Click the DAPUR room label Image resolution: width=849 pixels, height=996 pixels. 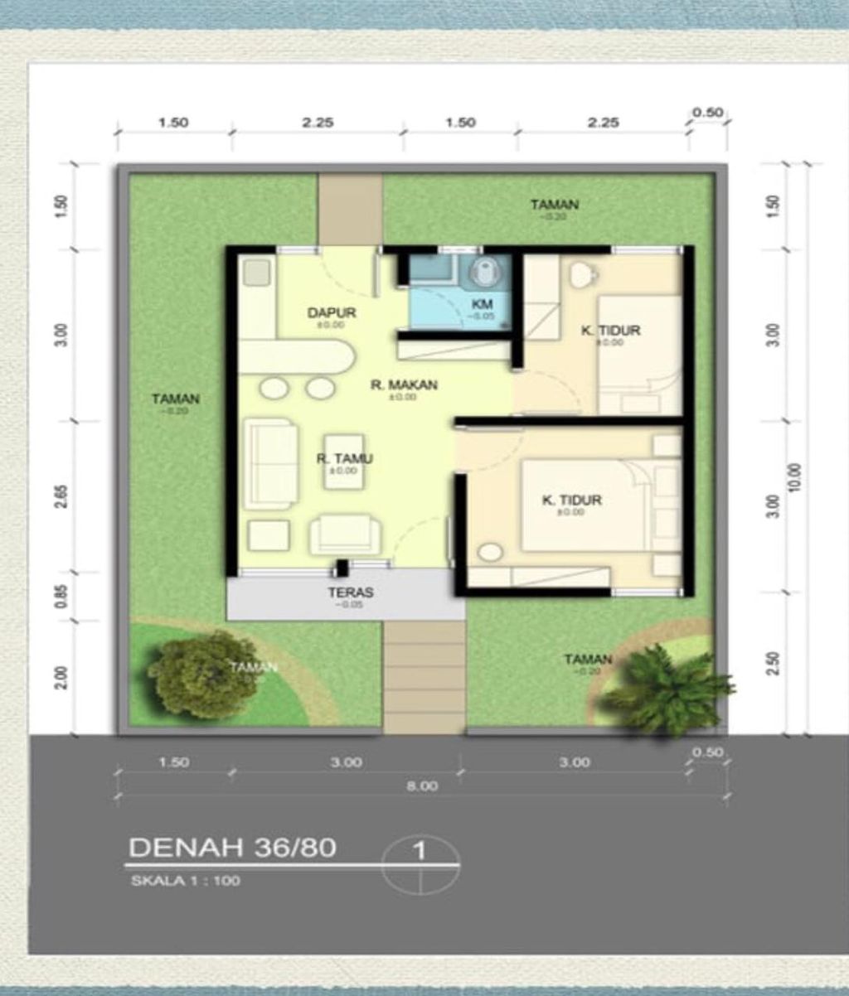332,313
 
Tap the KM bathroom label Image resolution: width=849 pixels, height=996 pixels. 483,305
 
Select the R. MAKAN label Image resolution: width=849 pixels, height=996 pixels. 404,385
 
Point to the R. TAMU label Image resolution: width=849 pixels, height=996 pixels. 344,459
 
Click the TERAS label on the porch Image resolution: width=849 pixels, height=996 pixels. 350,592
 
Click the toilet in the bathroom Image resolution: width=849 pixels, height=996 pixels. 485,270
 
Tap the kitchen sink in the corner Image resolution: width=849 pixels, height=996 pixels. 257,272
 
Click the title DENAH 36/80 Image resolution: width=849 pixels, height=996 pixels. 232,848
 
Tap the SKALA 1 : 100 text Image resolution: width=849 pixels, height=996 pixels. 186,881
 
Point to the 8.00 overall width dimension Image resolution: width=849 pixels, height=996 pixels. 421,786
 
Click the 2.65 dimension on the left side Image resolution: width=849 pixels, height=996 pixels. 61,496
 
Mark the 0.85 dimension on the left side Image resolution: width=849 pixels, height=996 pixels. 61,596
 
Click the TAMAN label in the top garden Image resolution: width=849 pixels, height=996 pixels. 555,205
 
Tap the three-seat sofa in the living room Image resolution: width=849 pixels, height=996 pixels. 270,464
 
